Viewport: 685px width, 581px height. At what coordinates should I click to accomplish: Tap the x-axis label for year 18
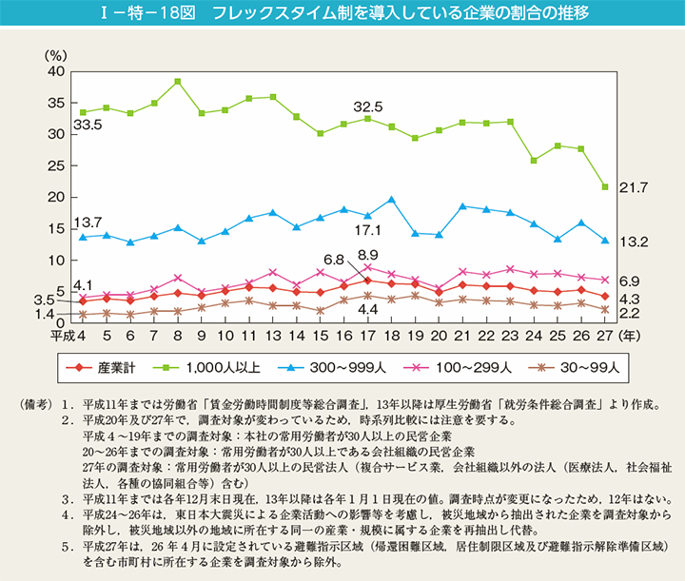pyautogui.click(x=391, y=336)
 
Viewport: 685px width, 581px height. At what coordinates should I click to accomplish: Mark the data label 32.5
pyautogui.click(x=368, y=106)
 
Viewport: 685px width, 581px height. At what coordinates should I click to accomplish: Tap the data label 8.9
pyautogui.click(x=368, y=255)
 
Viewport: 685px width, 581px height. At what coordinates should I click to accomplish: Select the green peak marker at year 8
pyautogui.click(x=178, y=82)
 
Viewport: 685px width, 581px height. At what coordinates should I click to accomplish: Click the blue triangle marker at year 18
pyautogui.click(x=391, y=200)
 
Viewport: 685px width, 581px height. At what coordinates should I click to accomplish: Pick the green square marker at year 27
pyautogui.click(x=604, y=186)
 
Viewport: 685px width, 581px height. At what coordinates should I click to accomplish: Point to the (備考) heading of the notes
pyautogui.click(x=35, y=404)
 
